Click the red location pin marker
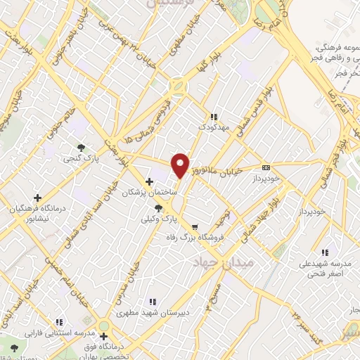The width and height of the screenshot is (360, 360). [x=180, y=165]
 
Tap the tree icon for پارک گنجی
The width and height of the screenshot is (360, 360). [x=82, y=148]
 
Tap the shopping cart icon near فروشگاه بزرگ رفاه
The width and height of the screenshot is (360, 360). [x=195, y=226]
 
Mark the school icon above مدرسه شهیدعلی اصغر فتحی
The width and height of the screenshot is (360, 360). [x=324, y=252]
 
